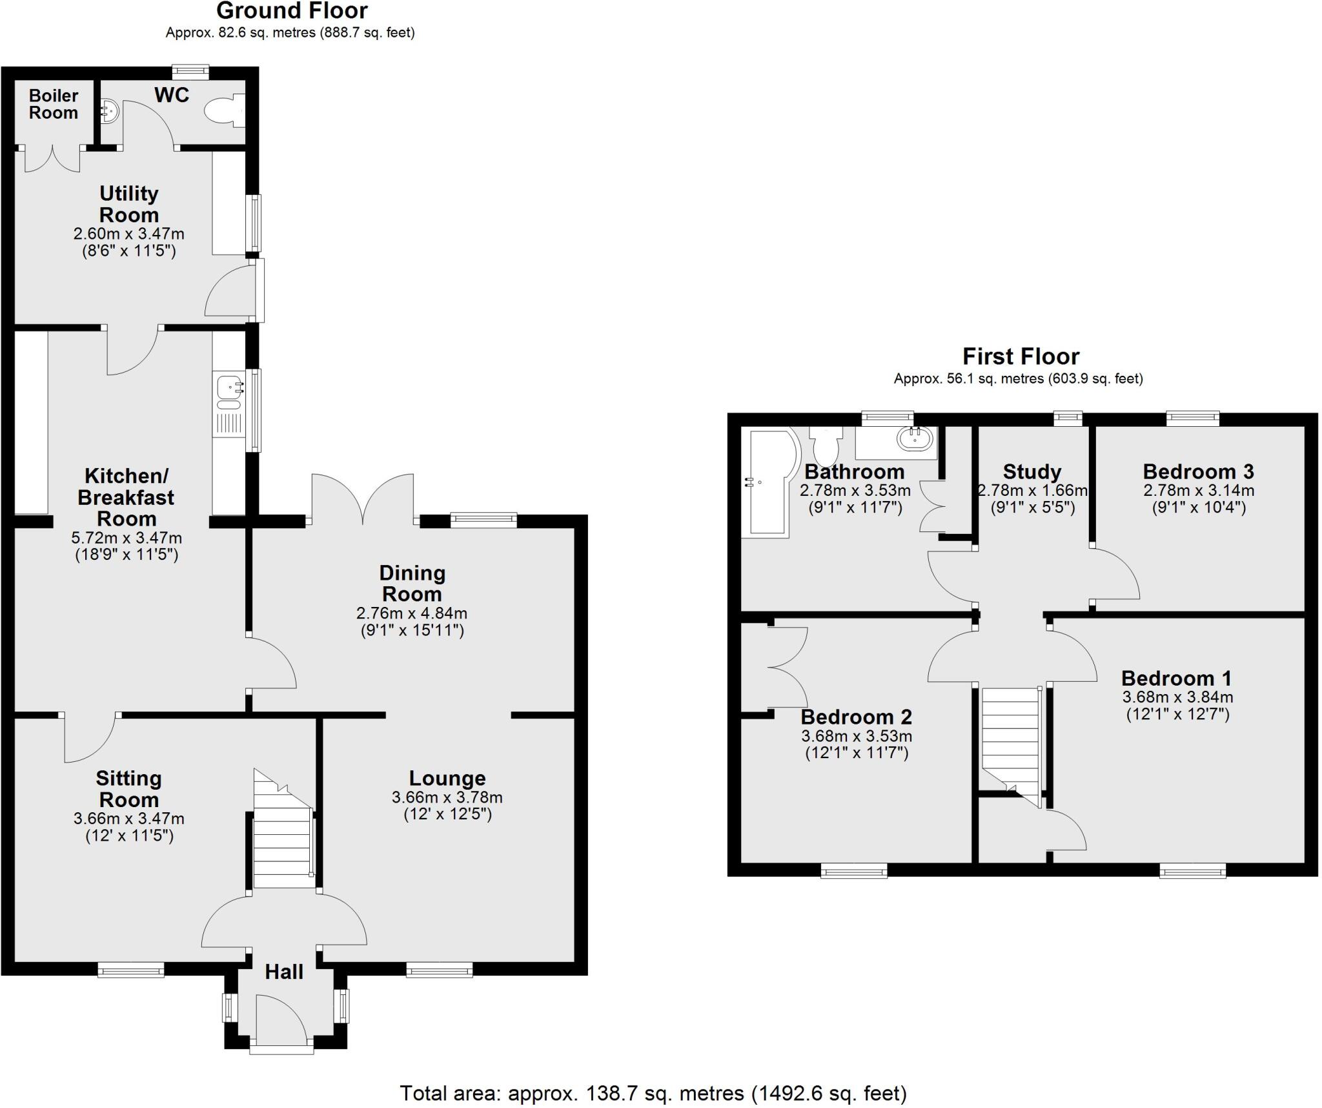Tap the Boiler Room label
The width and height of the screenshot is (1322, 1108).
click(54, 105)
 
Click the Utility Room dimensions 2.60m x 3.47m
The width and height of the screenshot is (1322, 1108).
click(128, 233)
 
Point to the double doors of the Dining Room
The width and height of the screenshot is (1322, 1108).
click(363, 500)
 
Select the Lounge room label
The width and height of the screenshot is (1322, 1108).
click(447, 778)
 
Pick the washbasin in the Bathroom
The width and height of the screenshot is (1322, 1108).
click(915, 439)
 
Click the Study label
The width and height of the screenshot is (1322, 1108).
click(1032, 472)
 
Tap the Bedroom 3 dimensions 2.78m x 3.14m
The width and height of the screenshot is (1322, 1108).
click(1198, 491)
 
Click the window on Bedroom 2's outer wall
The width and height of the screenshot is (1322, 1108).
click(853, 872)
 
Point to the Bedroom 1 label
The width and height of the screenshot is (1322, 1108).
click(1176, 678)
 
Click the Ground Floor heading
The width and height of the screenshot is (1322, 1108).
click(292, 11)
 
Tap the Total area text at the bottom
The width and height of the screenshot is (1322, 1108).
click(653, 1093)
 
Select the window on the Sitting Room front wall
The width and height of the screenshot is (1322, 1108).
click(131, 969)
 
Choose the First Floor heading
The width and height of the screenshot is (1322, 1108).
click(1020, 356)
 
